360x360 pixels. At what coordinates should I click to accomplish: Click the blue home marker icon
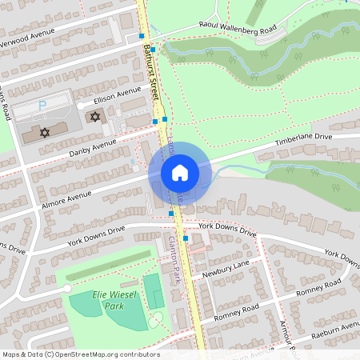point(179,173)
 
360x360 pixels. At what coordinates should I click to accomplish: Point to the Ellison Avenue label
point(116,98)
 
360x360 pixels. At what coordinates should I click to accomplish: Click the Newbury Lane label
point(226,269)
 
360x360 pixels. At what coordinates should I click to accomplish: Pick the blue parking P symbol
point(43,105)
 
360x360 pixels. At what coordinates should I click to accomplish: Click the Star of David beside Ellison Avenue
point(95,117)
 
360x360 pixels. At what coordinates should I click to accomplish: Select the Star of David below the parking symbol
point(45,131)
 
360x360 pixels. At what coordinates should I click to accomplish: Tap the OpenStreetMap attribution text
point(80,354)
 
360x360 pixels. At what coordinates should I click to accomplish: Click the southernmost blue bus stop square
point(186,238)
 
